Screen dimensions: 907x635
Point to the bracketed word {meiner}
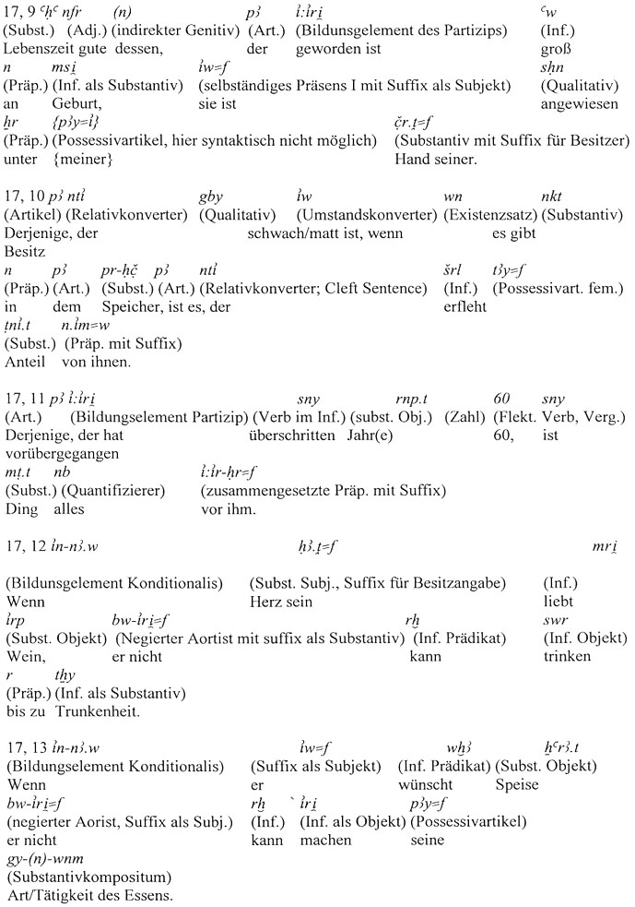click(x=81, y=159)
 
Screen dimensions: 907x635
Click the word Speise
click(x=517, y=784)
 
